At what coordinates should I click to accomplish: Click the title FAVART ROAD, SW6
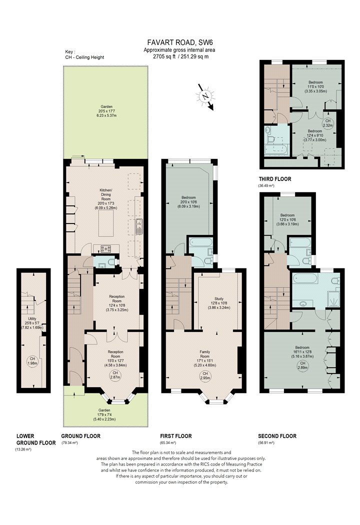tap(180, 42)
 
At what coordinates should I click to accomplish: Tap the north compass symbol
tap(204, 96)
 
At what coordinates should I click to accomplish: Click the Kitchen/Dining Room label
tap(106, 199)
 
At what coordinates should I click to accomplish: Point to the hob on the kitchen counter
tap(106, 248)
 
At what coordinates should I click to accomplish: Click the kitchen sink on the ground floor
tap(139, 226)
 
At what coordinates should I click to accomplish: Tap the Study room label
tap(219, 303)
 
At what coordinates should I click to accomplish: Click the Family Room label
tap(205, 358)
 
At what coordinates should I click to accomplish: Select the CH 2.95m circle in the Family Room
tap(205, 376)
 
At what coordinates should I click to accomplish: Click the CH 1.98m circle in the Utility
tap(32, 361)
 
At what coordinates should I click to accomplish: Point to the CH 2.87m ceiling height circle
tap(115, 375)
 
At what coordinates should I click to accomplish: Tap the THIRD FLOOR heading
tap(275, 179)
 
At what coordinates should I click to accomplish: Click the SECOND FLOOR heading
tap(277, 436)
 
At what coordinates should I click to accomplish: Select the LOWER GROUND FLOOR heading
tap(36, 439)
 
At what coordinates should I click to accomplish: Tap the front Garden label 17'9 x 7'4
tap(104, 414)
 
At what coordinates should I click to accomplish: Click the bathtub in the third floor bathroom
tap(276, 149)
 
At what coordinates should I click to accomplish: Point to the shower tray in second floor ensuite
tap(333, 299)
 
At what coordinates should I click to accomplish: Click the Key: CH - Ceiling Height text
tap(84, 54)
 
